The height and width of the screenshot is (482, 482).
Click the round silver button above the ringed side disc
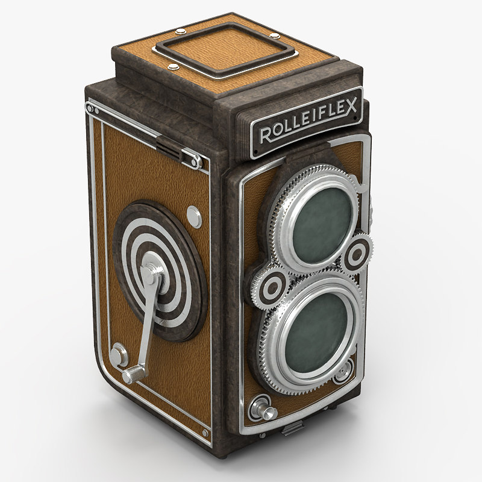point(194,215)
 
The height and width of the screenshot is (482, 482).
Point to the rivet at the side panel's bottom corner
point(205,433)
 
